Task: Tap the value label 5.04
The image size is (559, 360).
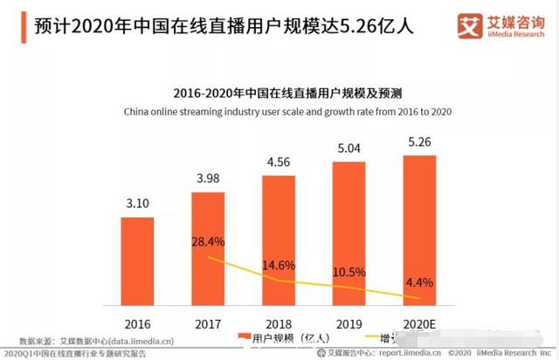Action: pos(348,149)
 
